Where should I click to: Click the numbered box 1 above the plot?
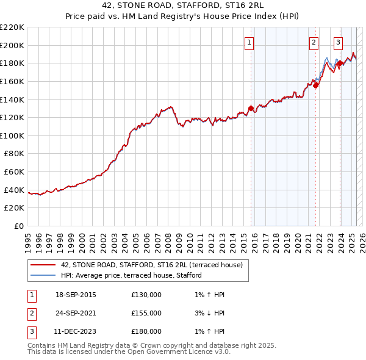click(x=250, y=43)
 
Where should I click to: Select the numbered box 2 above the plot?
click(x=314, y=43)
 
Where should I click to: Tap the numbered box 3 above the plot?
click(x=338, y=43)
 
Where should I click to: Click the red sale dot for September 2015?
click(x=251, y=109)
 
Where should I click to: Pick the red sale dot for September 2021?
click(x=316, y=85)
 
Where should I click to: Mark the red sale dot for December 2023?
click(x=340, y=63)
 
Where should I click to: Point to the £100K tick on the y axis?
click(x=13, y=135)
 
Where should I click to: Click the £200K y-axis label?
click(x=13, y=45)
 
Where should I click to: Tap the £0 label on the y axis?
click(x=19, y=226)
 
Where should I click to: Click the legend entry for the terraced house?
click(x=152, y=265)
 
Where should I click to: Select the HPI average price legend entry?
click(x=131, y=276)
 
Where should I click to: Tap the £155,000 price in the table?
click(x=146, y=313)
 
